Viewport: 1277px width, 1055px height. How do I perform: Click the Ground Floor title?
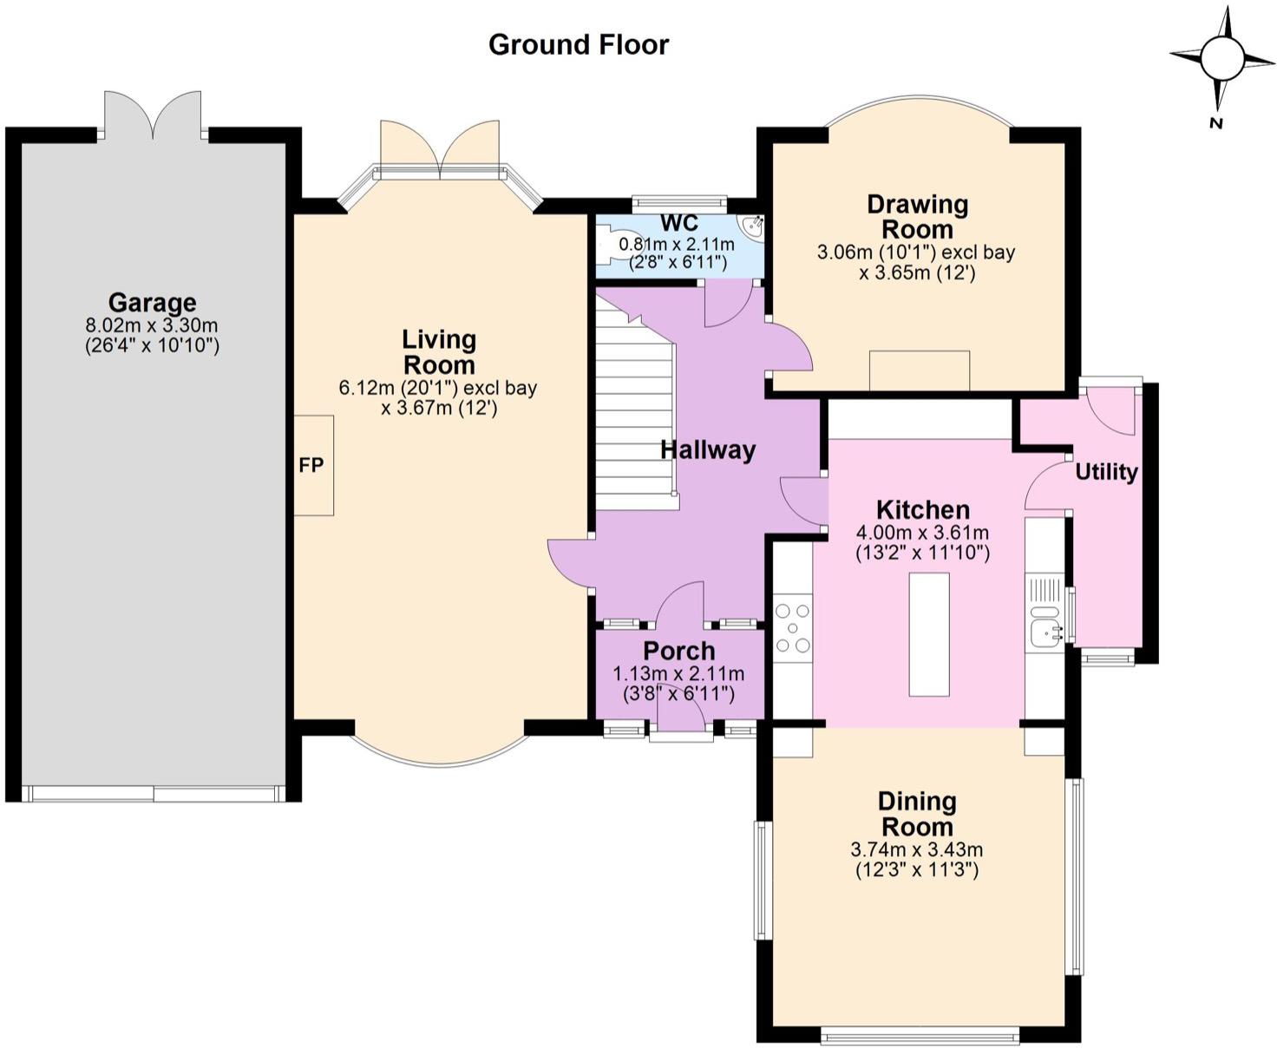pyautogui.click(x=579, y=45)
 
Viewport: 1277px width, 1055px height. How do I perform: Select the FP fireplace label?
pyautogui.click(x=311, y=465)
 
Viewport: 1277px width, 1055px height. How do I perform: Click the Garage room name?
pyautogui.click(x=153, y=303)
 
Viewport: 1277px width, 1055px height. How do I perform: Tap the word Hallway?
pyautogui.click(x=708, y=450)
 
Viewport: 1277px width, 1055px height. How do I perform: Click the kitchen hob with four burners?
pyautogui.click(x=793, y=627)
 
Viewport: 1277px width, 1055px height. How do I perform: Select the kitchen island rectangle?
pyautogui.click(x=929, y=634)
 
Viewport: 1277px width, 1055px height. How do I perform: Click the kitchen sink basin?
pyautogui.click(x=1045, y=632)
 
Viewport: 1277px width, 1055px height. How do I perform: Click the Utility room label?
pyautogui.click(x=1106, y=472)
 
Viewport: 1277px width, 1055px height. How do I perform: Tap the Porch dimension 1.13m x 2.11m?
pyautogui.click(x=679, y=674)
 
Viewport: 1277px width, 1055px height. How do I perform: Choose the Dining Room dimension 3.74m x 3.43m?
pyautogui.click(x=917, y=849)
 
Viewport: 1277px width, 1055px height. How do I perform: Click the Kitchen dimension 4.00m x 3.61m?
pyautogui.click(x=923, y=533)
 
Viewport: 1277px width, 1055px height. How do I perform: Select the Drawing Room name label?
pyautogui.click(x=917, y=217)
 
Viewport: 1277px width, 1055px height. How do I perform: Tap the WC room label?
pyautogui.click(x=679, y=223)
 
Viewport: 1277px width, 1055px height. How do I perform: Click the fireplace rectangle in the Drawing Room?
pyautogui.click(x=920, y=370)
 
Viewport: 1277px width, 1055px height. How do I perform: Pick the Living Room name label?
pyautogui.click(x=439, y=352)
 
